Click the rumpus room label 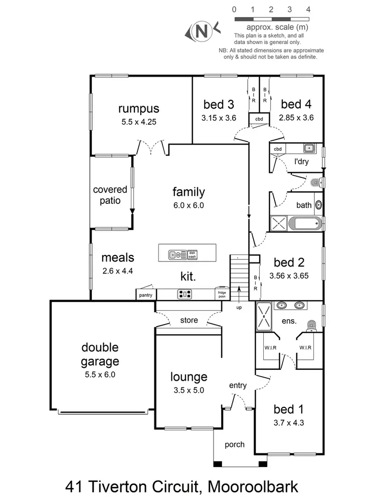click(139, 109)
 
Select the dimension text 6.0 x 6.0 click(189, 204)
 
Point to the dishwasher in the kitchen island click(192, 255)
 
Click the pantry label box click(145, 296)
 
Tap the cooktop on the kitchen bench click(184, 295)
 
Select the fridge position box click(221, 295)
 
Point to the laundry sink click(309, 148)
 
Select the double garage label click(100, 354)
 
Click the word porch click(235, 444)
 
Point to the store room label click(189, 320)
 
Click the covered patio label click(107, 195)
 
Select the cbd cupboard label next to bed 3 click(259, 119)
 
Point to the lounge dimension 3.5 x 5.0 click(189, 391)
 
